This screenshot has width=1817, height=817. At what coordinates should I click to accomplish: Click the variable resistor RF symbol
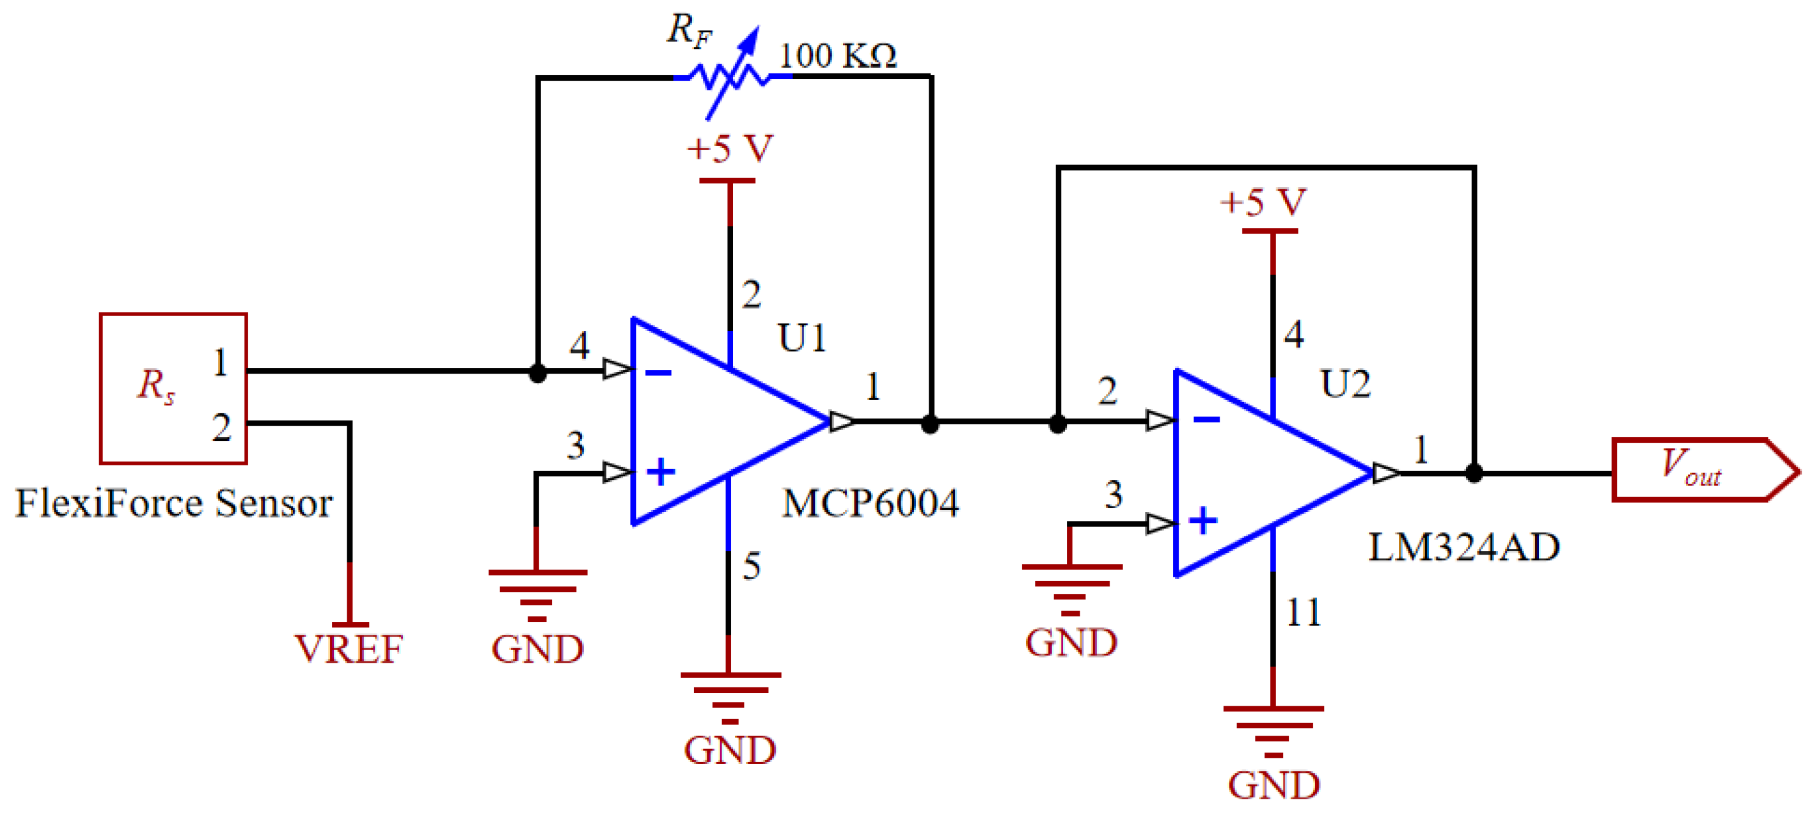[x=730, y=76]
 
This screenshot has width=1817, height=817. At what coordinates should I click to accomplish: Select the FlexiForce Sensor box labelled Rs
[x=173, y=388]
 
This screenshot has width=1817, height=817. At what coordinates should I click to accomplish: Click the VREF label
[x=348, y=648]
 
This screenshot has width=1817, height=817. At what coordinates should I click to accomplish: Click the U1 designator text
[x=802, y=338]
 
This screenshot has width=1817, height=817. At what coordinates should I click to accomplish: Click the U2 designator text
[x=1345, y=385]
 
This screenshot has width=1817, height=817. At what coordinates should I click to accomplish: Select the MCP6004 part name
[x=871, y=504]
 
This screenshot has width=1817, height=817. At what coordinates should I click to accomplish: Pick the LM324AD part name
[x=1464, y=547]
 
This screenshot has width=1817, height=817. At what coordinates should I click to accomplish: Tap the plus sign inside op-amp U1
[x=661, y=472]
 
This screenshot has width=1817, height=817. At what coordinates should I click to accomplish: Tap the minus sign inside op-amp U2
[x=1206, y=420]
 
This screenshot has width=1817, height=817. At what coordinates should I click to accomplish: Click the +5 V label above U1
[x=730, y=149]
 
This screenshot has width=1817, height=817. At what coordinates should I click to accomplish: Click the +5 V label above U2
[x=1263, y=202]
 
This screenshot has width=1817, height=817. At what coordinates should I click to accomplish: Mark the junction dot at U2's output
[x=1473, y=473]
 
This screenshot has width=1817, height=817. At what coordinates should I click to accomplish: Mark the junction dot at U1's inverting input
[x=537, y=373]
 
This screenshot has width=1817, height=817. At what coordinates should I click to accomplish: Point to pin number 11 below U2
[x=1303, y=612]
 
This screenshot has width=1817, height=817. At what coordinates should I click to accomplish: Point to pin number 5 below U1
[x=751, y=566]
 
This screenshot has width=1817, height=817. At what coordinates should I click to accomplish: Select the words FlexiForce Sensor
[x=174, y=503]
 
